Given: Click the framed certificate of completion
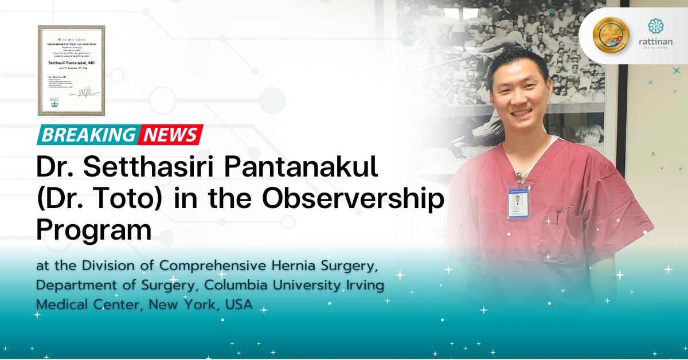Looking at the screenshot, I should click(71, 71).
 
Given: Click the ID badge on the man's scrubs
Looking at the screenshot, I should click(518, 201).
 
